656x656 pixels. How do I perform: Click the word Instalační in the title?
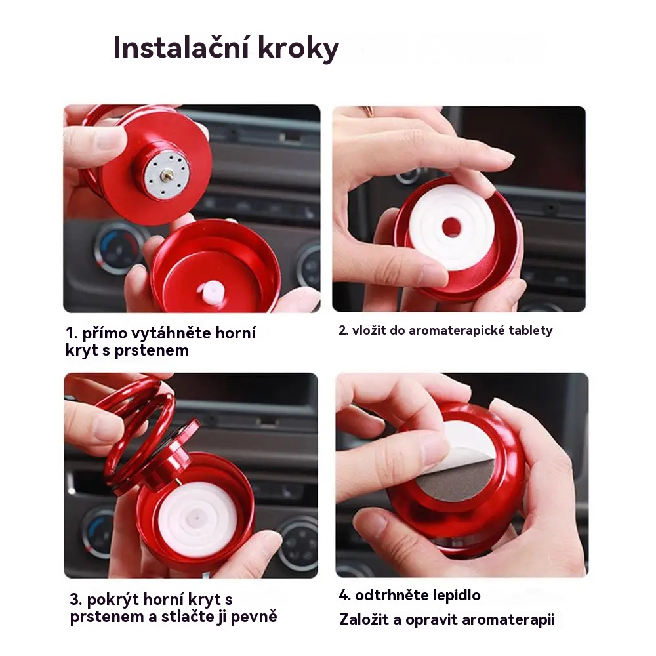pos(182,48)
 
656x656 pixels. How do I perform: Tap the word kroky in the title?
pos(298,49)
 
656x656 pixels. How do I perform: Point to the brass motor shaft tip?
pos(167,171)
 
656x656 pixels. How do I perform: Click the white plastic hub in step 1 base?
pos(212,289)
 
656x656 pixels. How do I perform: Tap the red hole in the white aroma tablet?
pos(451,227)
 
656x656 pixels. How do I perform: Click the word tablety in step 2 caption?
pos(531,331)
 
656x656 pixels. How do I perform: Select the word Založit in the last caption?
pos(364,619)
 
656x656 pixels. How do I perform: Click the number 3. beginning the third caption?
pos(75,600)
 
